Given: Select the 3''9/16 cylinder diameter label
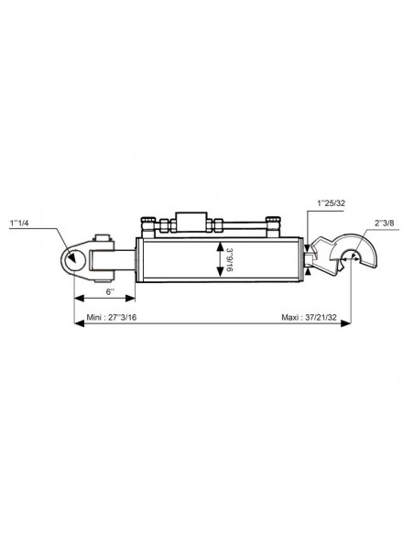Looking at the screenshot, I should (230, 259).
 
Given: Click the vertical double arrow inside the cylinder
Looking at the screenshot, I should (218, 259).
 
